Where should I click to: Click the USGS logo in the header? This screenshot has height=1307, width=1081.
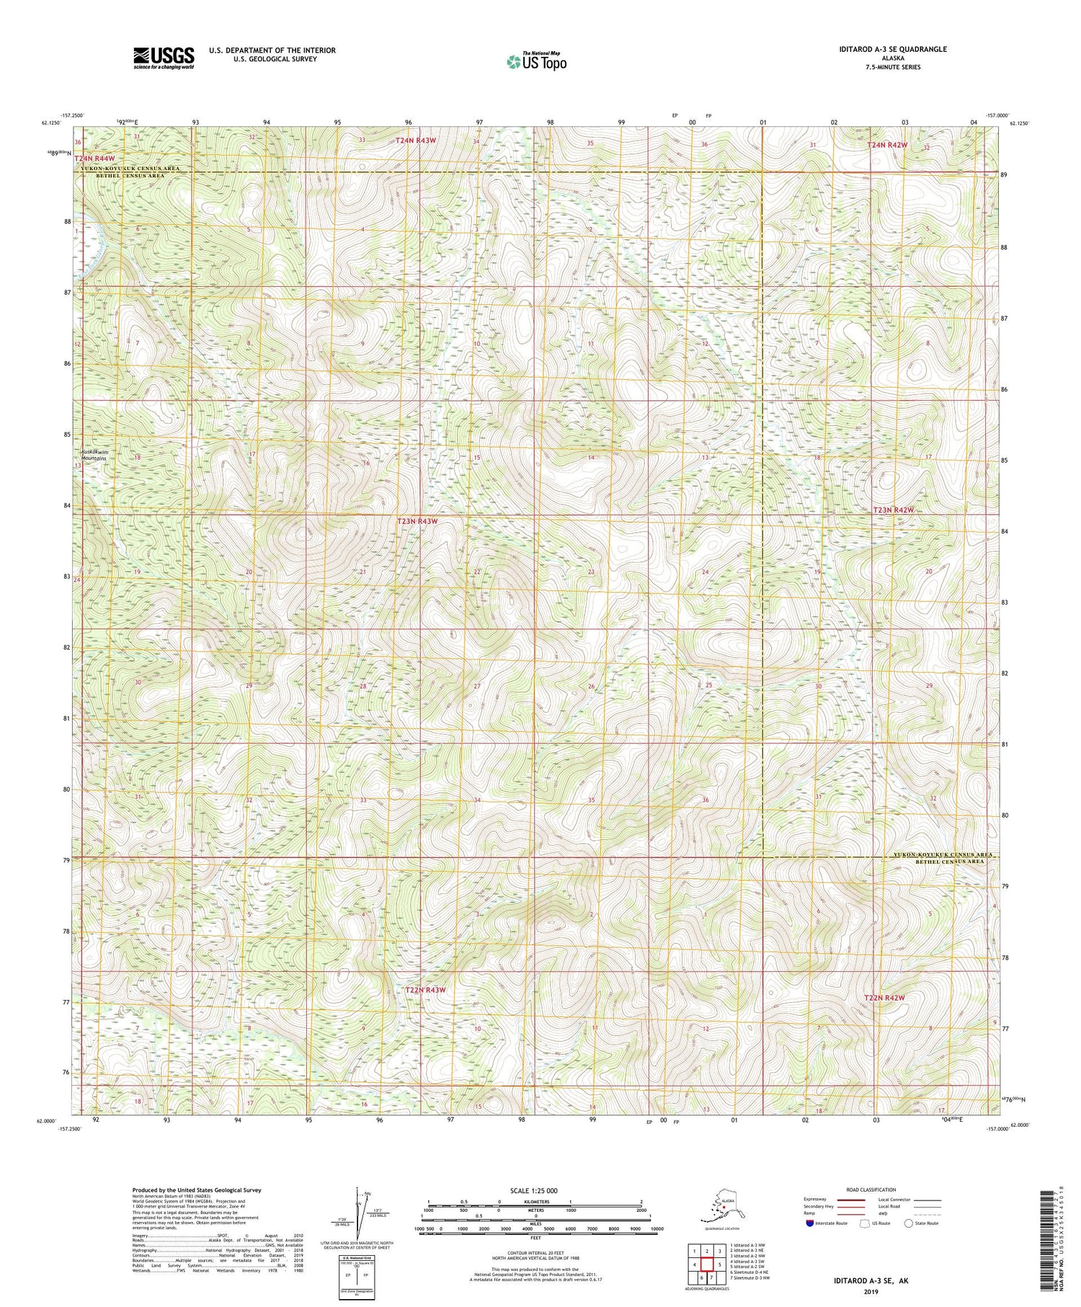coord(164,58)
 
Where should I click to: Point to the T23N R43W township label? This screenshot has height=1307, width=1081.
coord(417,520)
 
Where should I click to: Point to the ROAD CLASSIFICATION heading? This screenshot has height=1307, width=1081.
coord(871,1189)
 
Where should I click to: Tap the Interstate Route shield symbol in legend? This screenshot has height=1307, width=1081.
coord(810,1223)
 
